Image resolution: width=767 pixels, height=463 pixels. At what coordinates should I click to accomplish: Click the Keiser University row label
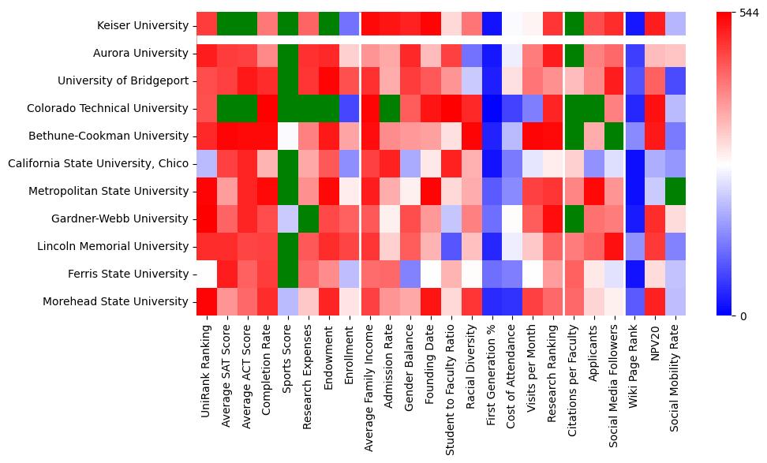tap(142, 26)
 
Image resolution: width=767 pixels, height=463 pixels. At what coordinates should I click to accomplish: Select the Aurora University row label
tap(142, 54)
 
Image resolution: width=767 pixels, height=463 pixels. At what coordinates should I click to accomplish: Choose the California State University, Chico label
tap(99, 163)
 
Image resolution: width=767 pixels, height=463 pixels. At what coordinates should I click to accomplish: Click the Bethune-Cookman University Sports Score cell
tap(288, 136)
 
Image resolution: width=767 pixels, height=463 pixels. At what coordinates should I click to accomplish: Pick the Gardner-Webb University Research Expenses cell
tap(309, 218)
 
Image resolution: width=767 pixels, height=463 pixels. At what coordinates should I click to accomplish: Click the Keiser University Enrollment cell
tap(349, 26)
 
